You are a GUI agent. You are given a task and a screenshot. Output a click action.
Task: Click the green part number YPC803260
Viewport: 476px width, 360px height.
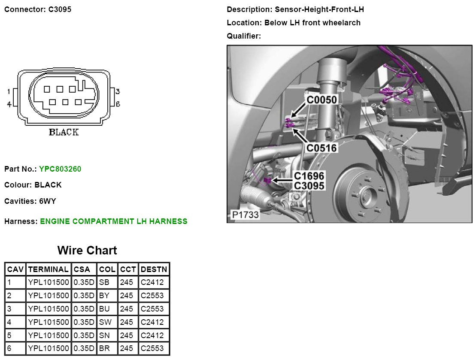coord(60,169)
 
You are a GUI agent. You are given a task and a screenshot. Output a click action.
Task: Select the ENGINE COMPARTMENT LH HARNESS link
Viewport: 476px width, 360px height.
coord(114,221)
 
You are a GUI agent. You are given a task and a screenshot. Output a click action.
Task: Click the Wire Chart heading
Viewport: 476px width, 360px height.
coord(87,251)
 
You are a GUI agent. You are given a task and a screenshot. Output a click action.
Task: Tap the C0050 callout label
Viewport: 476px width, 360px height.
coord(322,100)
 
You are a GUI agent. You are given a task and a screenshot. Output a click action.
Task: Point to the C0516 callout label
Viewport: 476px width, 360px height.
coord(322,148)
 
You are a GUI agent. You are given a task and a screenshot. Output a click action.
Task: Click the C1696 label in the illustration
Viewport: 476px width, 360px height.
coord(309,176)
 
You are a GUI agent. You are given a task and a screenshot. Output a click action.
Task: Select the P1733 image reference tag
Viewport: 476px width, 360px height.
coord(245,215)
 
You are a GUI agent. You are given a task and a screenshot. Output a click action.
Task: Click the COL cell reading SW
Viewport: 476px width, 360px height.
coord(105,322)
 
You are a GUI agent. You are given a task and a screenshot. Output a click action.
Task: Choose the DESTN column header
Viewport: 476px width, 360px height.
coord(154,269)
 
